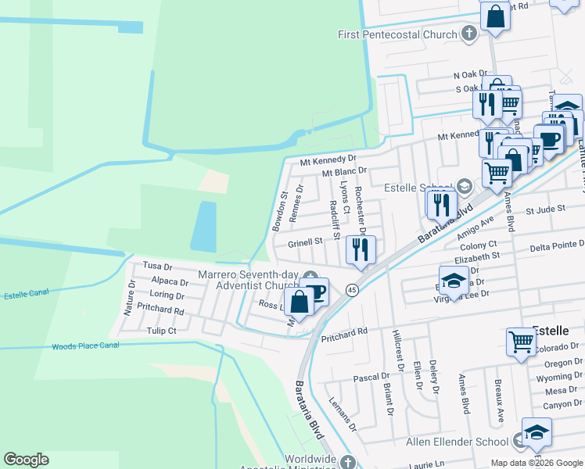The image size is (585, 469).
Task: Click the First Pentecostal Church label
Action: (397, 34)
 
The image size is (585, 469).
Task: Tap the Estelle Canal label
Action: (27, 295)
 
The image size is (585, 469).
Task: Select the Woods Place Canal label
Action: (85, 345)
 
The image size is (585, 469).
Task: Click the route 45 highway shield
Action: (354, 289)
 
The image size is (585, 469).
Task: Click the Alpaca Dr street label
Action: (170, 281)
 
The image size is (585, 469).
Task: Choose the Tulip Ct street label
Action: (162, 331)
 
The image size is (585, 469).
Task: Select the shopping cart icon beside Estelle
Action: (521, 342)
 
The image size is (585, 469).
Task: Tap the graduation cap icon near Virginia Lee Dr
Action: (454, 280)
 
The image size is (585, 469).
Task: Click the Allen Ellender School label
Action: (457, 442)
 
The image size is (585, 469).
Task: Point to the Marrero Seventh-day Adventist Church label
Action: (249, 281)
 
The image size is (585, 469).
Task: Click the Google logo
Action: (26, 460)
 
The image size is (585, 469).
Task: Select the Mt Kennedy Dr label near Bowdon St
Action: (328, 160)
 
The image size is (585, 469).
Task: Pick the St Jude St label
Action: (545, 210)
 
